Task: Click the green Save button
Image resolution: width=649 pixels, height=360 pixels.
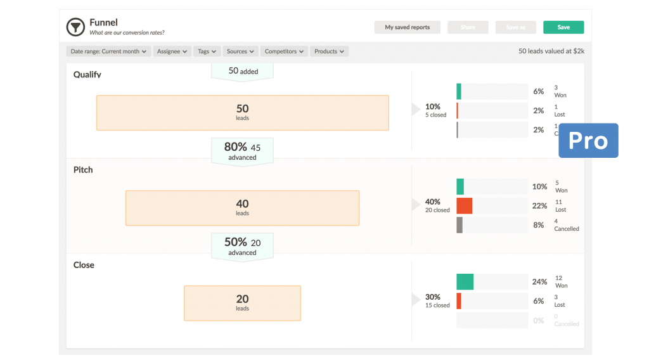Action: point(563,27)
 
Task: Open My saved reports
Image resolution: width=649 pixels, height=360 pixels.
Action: point(407,27)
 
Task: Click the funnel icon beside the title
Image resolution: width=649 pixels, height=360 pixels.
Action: point(75,27)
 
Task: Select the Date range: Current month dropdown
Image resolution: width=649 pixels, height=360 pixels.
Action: point(108,51)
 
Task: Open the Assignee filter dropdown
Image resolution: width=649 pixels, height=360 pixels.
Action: point(172,51)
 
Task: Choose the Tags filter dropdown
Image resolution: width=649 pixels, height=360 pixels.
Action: point(207,51)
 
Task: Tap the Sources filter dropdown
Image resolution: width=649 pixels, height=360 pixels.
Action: point(240,51)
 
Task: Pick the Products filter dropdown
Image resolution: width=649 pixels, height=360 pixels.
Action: point(329,51)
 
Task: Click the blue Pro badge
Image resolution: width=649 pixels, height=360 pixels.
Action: point(588,141)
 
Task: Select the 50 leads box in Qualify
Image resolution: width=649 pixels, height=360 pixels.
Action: point(242,113)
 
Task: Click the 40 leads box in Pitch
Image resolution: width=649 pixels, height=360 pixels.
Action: point(242,208)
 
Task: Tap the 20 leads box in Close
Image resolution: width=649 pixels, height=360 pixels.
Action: point(242,303)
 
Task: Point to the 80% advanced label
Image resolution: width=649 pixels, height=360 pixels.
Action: point(242,151)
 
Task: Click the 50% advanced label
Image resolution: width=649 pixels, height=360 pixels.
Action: point(242,246)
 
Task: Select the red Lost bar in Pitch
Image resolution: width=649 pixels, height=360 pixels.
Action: point(465,205)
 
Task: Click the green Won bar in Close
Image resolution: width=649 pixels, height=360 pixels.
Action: point(465,281)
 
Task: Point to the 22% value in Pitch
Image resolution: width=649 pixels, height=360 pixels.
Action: point(539,205)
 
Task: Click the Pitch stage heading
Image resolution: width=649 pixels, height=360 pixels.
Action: point(83,170)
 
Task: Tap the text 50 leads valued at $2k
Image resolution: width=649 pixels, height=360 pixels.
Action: point(551,51)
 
